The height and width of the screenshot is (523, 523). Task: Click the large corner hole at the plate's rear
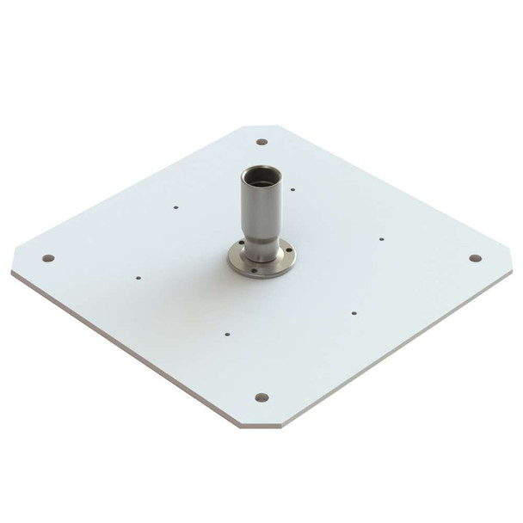(261, 142)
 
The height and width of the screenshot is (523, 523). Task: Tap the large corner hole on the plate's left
(48, 258)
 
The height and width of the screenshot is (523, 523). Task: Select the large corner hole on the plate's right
(474, 257)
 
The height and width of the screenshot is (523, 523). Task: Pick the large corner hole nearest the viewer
(261, 397)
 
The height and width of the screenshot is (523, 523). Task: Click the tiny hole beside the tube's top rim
(293, 188)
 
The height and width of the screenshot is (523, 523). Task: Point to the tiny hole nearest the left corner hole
(138, 278)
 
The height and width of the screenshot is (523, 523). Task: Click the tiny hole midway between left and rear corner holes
(175, 206)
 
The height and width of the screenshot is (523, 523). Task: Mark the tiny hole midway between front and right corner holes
(352, 313)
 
